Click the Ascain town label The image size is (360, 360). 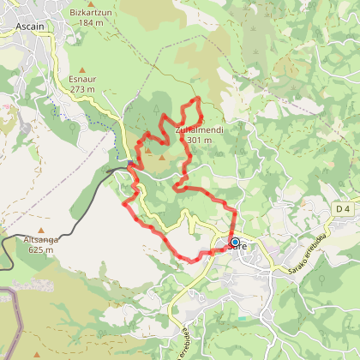coord(31,27)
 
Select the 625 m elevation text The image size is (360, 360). coord(41,250)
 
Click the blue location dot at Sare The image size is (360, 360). coord(235,242)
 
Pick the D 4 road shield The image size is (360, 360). coord(343,209)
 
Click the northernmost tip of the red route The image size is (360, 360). coord(199,99)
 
